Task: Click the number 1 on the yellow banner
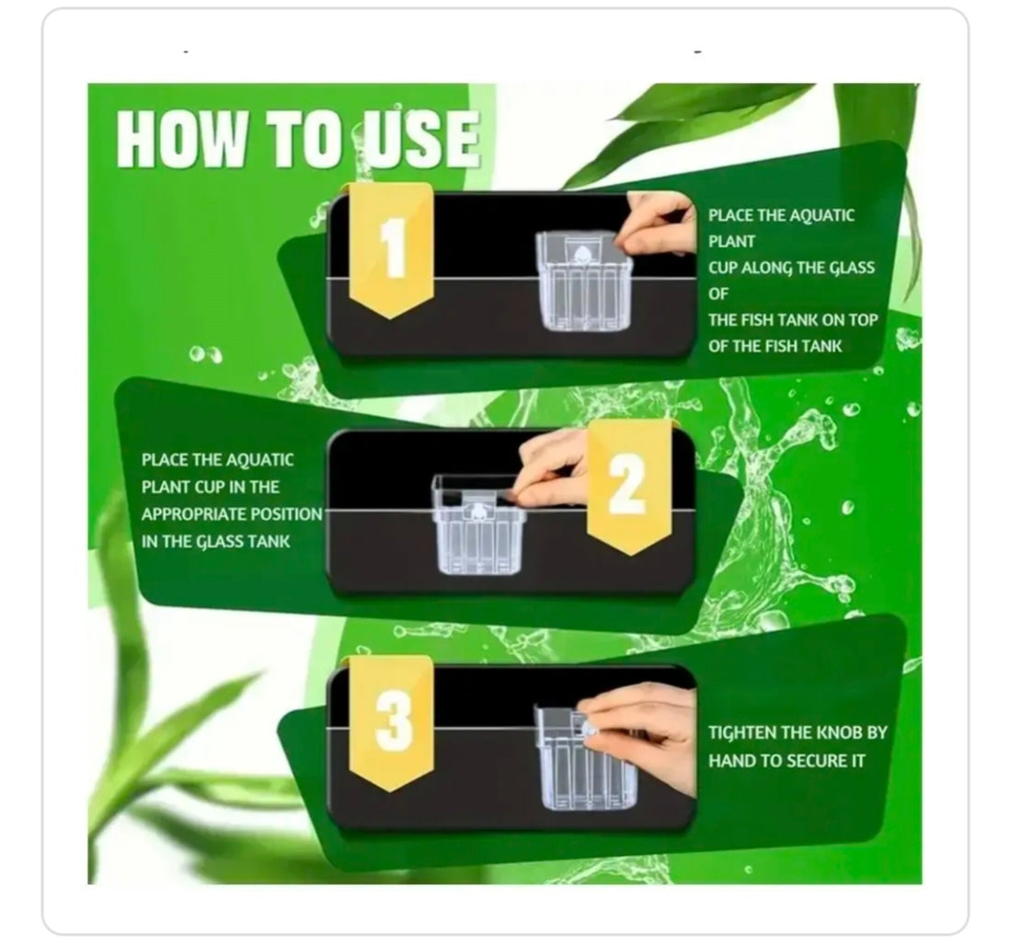click(393, 248)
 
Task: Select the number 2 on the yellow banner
click(627, 484)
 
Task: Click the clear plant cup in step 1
click(583, 281)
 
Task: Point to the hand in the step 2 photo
click(551, 468)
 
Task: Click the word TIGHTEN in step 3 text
click(742, 733)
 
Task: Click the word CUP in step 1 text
click(723, 268)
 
